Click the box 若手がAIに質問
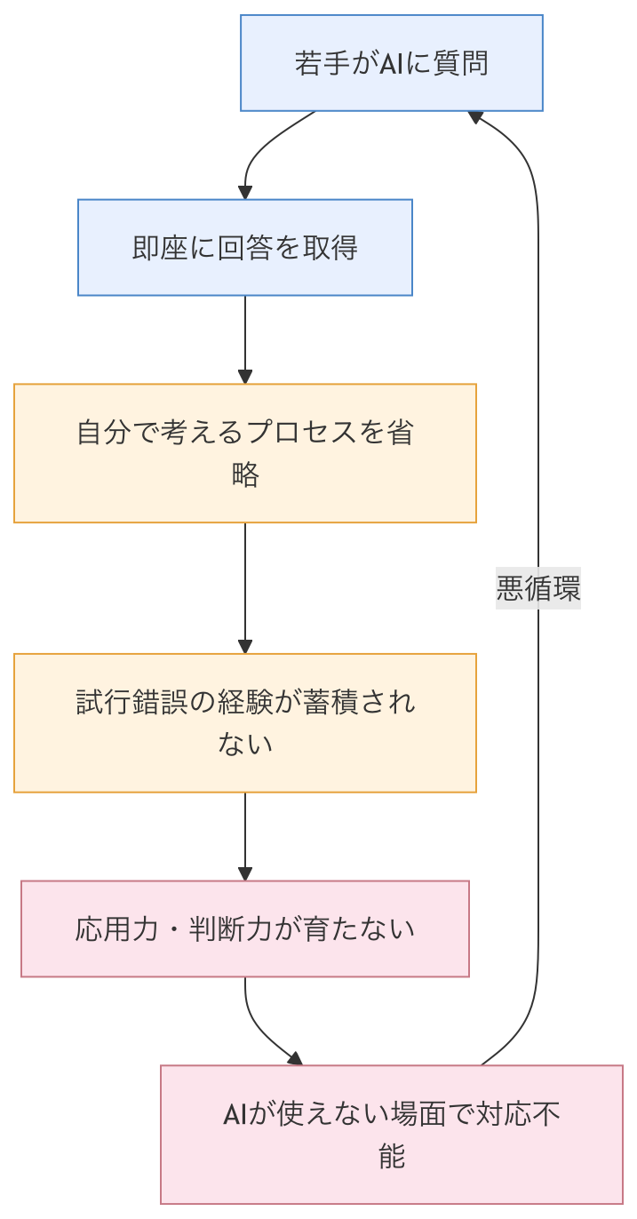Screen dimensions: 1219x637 point(391,63)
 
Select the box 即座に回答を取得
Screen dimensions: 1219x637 point(244,247)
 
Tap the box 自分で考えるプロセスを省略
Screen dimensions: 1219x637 point(244,453)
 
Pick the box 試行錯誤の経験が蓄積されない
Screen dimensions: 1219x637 point(244,722)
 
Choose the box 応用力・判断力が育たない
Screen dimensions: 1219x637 point(244,929)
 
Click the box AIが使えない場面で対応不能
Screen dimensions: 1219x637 point(391,1135)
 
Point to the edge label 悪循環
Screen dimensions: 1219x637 point(538,589)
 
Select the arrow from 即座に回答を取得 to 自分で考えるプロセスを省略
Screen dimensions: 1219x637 point(245,338)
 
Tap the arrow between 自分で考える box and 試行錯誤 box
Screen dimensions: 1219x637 point(245,586)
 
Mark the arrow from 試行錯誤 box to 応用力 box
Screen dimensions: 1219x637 point(245,835)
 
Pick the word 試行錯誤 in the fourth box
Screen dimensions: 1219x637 point(133,703)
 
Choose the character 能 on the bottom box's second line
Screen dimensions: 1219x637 point(391,1156)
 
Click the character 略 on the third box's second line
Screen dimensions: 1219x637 point(245,475)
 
